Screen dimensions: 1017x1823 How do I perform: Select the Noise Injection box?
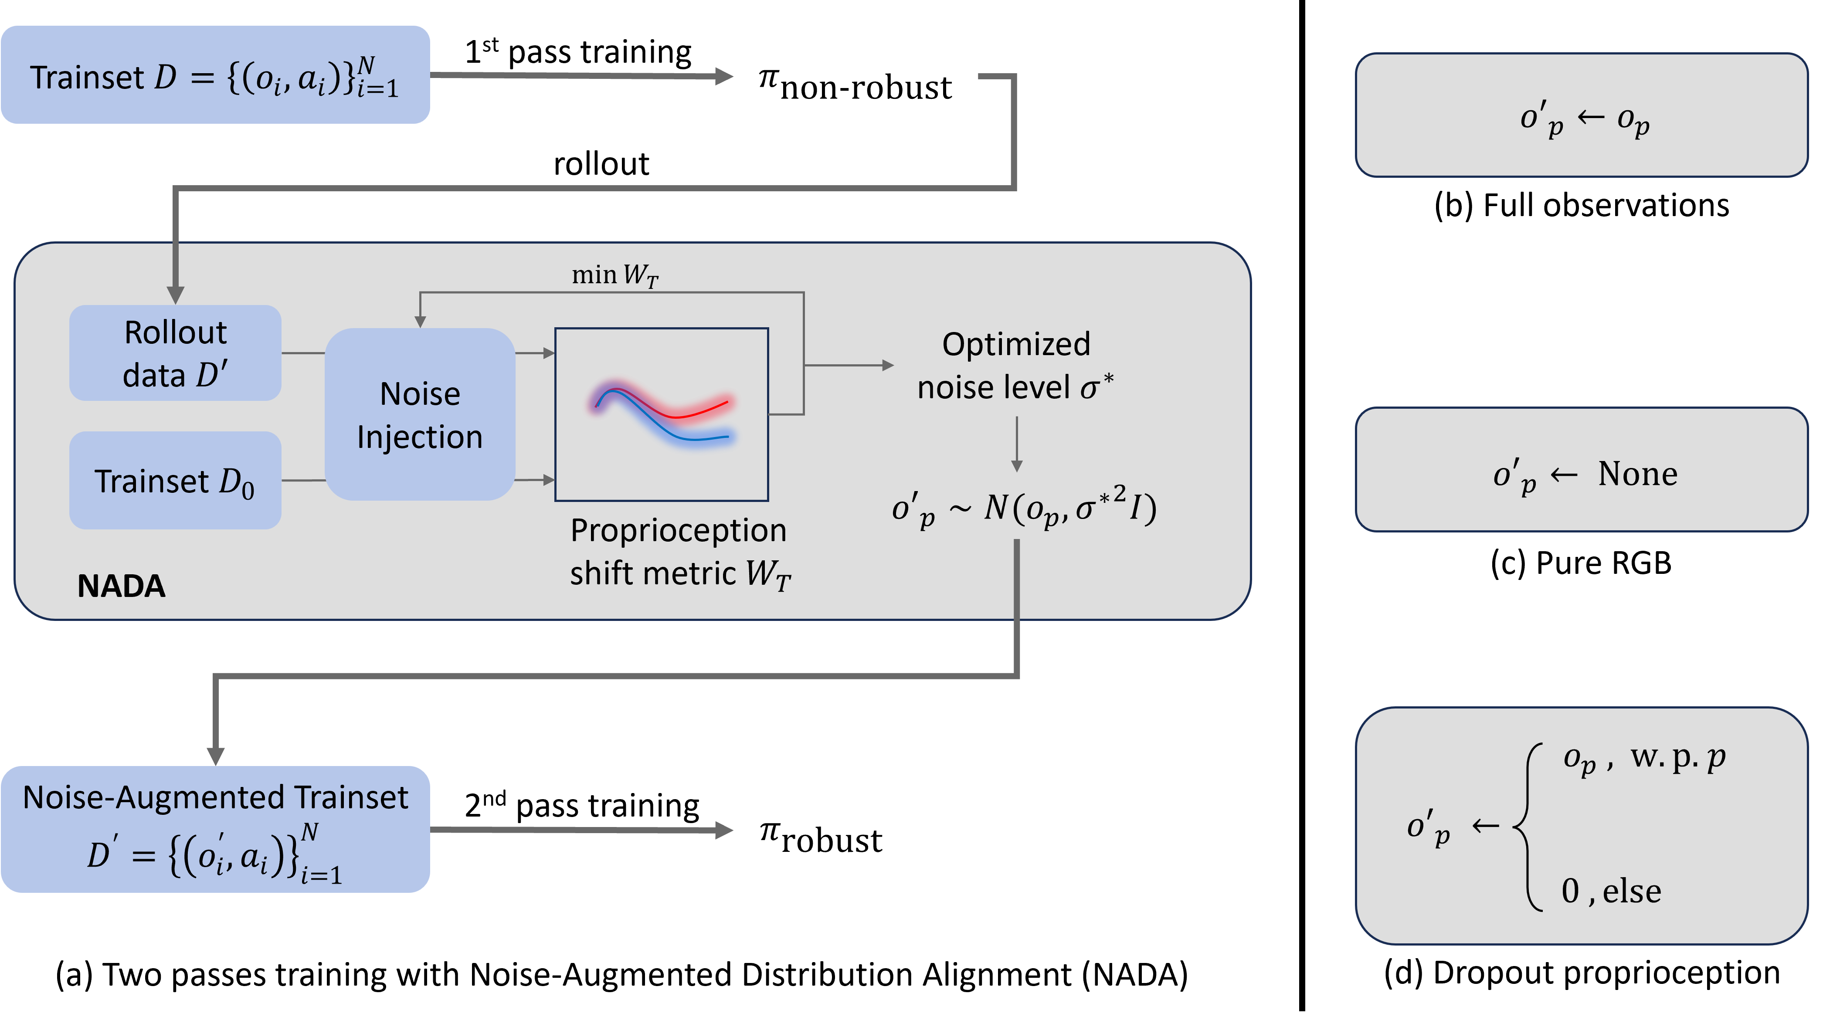[x=420, y=415]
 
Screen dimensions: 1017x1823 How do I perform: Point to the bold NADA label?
[x=121, y=586]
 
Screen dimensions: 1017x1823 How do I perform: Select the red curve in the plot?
[x=697, y=410]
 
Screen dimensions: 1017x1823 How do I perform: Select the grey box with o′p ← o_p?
[x=1581, y=115]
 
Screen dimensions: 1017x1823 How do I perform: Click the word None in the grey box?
[x=1637, y=474]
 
